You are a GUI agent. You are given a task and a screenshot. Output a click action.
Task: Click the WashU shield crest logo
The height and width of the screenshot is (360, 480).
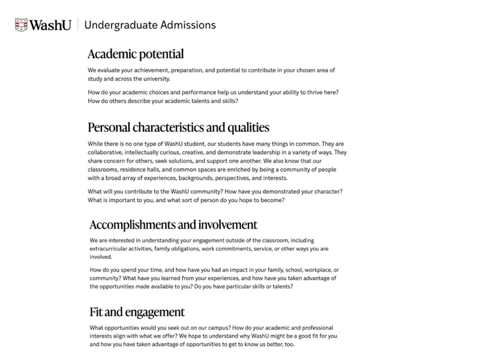pyautogui.click(x=22, y=25)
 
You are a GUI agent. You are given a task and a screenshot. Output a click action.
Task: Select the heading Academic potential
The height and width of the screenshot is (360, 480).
pyautogui.click(x=136, y=54)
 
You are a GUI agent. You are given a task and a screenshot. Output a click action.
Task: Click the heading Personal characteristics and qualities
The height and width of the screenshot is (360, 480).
pyautogui.click(x=178, y=127)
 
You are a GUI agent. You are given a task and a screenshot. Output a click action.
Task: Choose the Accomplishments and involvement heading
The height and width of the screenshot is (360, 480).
pyautogui.click(x=173, y=225)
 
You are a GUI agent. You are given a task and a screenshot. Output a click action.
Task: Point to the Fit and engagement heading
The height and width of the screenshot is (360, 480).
pyautogui.click(x=137, y=312)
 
